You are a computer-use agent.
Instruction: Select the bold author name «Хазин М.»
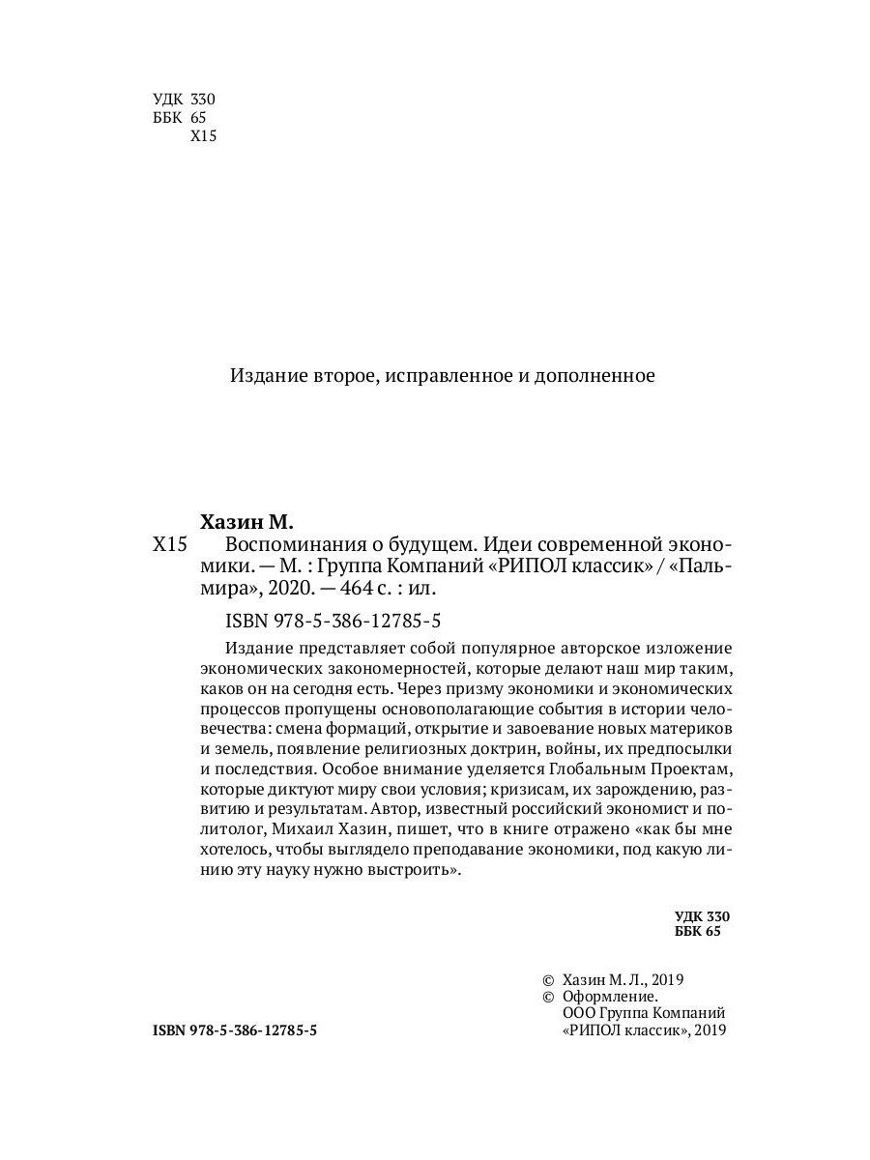pos(246,522)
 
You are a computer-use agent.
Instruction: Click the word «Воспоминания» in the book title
pos(286,544)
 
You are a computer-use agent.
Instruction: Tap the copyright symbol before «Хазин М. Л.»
pos(548,978)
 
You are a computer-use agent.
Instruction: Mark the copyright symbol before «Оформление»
pos(548,996)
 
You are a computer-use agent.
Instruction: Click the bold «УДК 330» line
pos(701,915)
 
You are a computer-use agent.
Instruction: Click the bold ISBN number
pos(235,1031)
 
